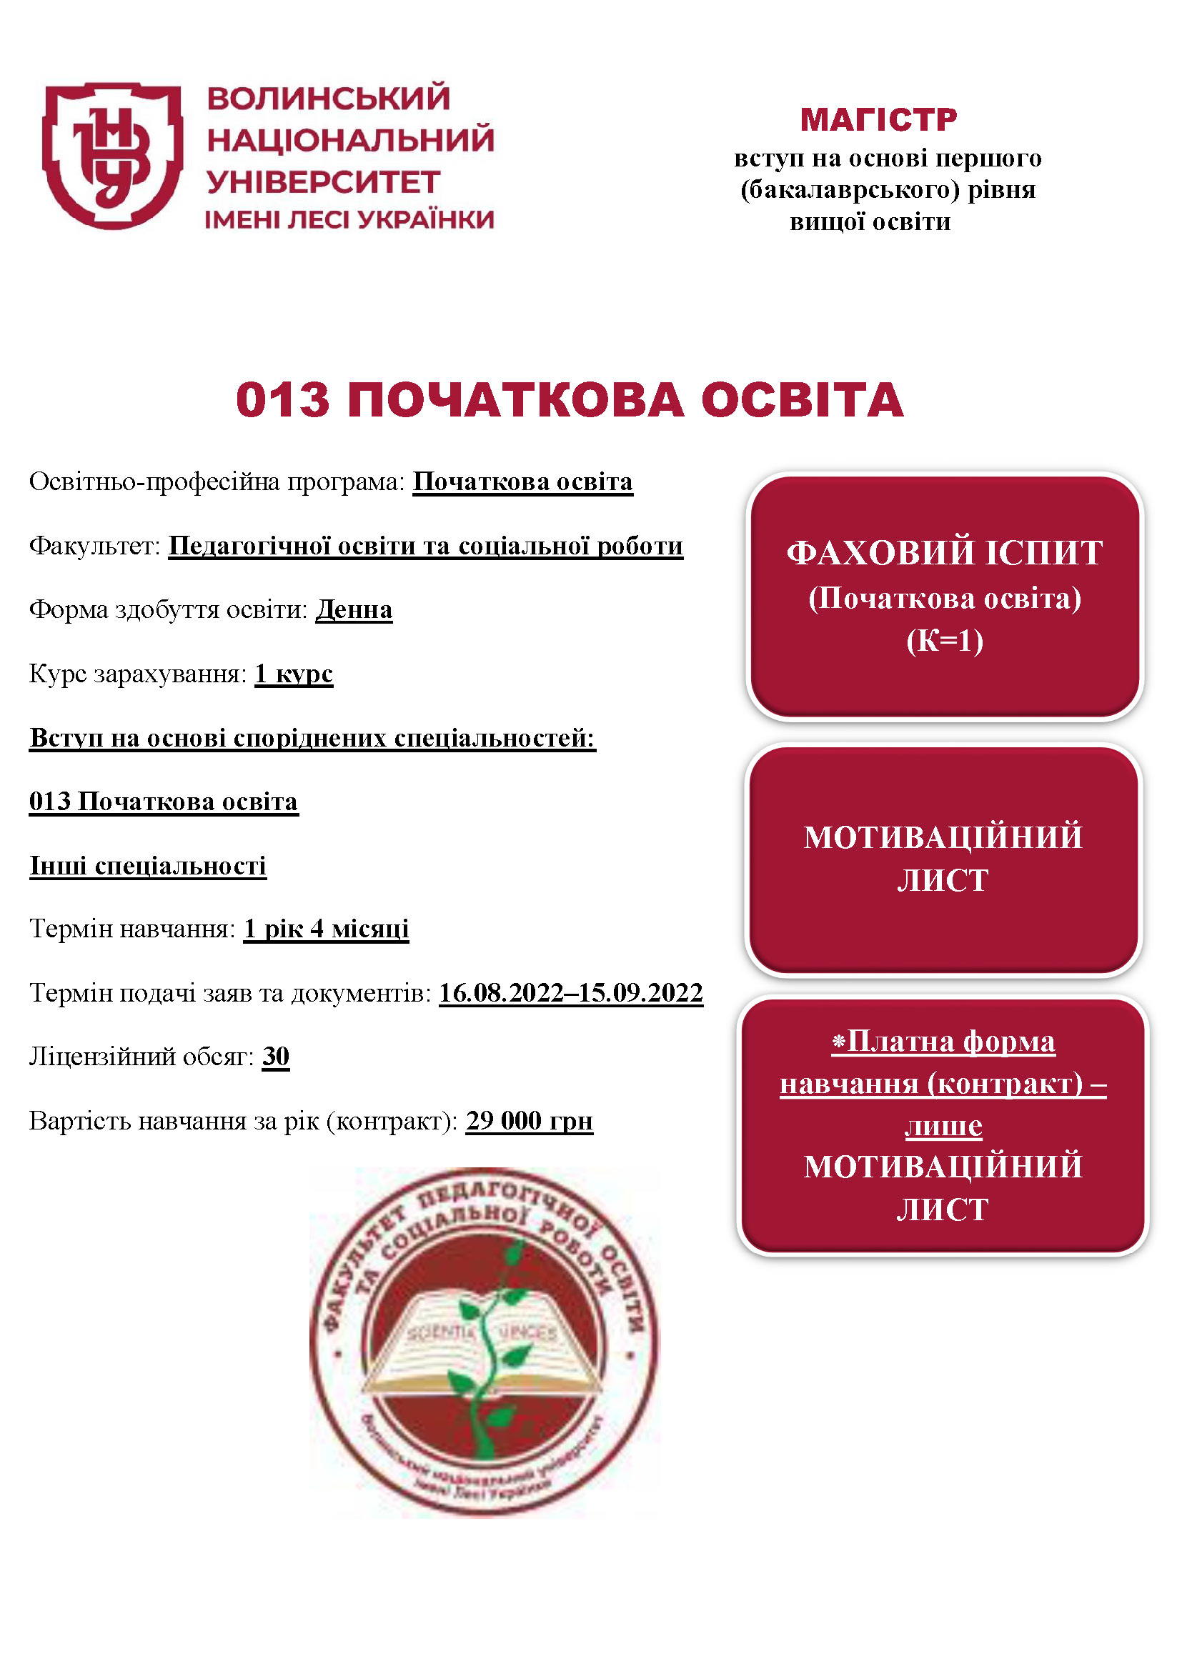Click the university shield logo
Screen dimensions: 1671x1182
[112, 154]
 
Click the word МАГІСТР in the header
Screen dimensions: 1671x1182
[878, 120]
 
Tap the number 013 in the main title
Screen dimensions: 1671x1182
[282, 400]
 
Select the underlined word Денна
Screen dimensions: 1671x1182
[354, 610]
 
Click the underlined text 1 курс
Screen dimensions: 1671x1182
[293, 674]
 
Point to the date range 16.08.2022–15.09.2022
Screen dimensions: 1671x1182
[570, 993]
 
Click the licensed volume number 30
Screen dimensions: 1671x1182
[276, 1056]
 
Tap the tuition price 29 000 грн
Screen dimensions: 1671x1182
[529, 1121]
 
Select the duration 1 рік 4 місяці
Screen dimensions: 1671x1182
[326, 929]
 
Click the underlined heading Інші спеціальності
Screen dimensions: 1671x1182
[148, 866]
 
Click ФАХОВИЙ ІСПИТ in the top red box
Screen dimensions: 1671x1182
[944, 553]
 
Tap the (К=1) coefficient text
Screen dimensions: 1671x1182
[945, 641]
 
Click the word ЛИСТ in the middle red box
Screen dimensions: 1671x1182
[943, 881]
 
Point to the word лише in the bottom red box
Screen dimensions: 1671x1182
[943, 1127]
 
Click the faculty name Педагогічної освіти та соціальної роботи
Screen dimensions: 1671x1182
[426, 546]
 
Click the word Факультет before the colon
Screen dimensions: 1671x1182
[93, 546]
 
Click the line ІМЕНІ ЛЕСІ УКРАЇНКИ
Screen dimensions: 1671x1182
[349, 220]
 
